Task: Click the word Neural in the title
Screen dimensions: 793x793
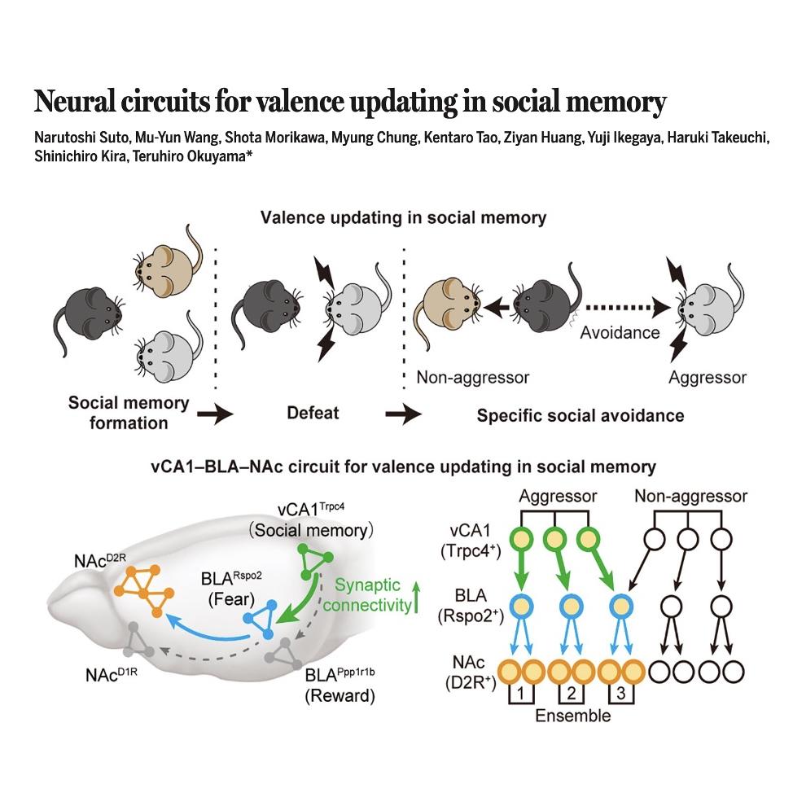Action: [x=74, y=101]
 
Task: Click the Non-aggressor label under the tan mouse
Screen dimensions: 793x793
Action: [x=472, y=377]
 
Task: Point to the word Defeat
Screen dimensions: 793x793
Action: [x=313, y=413]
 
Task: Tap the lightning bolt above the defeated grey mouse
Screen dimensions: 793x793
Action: [x=324, y=272]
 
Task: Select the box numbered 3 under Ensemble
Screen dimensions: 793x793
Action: [x=621, y=693]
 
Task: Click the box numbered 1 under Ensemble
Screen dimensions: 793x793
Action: [x=521, y=693]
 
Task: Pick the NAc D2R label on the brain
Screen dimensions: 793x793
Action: [x=99, y=560]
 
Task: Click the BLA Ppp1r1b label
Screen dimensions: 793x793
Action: [x=340, y=674]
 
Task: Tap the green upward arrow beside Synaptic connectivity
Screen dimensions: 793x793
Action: [x=416, y=597]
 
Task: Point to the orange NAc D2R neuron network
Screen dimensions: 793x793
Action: [x=144, y=591]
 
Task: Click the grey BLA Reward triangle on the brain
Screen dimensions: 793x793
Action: [x=284, y=653]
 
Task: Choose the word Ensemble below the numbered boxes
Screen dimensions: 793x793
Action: [x=572, y=716]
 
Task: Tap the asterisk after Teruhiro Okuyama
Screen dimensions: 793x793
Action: [x=249, y=153]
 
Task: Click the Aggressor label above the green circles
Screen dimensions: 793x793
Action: [x=558, y=496]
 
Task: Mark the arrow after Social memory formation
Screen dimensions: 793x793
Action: [x=215, y=414]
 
